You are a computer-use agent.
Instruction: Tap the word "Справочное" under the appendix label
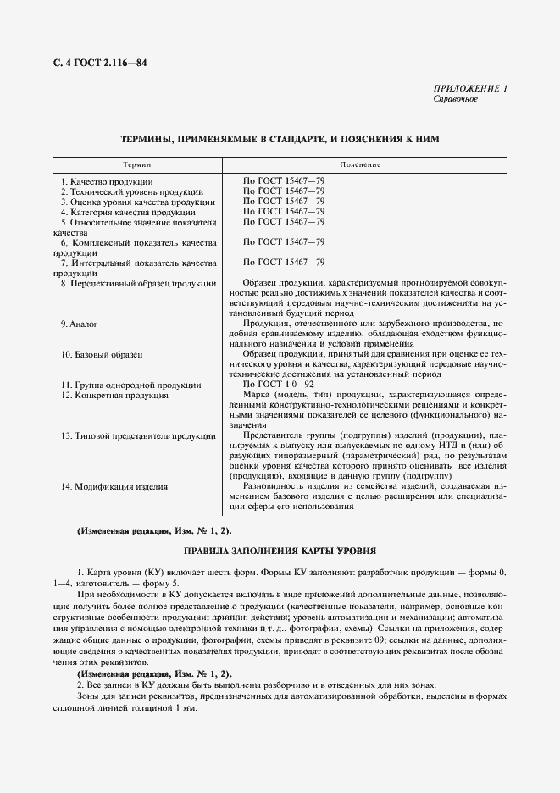click(x=455, y=99)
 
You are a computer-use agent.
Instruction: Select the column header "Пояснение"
click(x=360, y=164)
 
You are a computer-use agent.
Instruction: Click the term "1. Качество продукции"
click(x=107, y=182)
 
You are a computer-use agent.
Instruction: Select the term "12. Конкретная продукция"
click(x=114, y=395)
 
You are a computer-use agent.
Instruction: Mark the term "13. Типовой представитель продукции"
click(x=136, y=435)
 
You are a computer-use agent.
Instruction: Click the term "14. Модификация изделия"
click(x=114, y=486)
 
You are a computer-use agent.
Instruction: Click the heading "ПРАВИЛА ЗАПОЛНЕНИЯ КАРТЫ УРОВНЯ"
click(x=280, y=551)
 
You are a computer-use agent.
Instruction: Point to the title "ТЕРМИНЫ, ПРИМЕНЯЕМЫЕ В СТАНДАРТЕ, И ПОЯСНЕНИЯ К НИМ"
click(x=280, y=138)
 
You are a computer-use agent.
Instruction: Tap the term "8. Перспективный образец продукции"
click(x=136, y=283)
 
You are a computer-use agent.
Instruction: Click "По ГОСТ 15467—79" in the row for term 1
click(x=284, y=182)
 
